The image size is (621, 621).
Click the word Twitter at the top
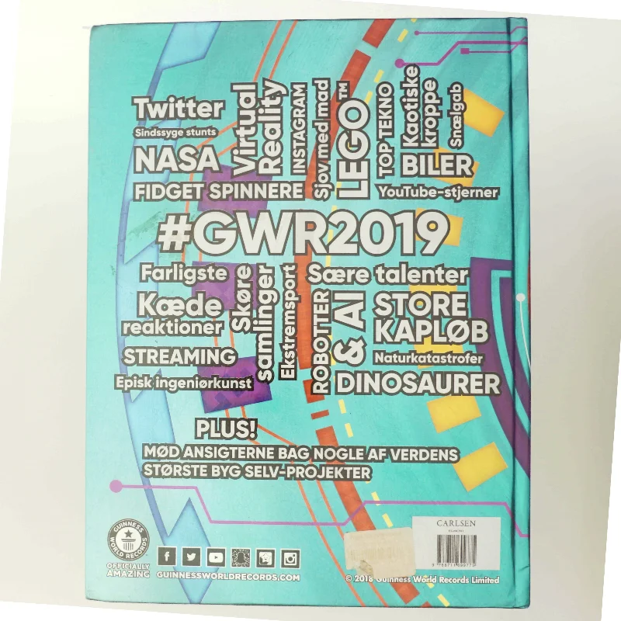179,109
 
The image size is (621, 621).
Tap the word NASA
177,160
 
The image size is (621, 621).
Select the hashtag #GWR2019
304,233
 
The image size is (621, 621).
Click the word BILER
436,165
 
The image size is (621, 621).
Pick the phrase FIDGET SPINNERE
218,192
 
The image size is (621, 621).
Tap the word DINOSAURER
418,383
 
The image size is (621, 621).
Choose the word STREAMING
179,356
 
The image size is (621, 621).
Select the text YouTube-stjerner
439,192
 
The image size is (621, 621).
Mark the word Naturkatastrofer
428,359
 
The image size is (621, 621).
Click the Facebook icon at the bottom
165,556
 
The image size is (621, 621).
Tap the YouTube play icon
217,556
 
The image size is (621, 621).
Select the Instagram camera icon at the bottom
291,557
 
